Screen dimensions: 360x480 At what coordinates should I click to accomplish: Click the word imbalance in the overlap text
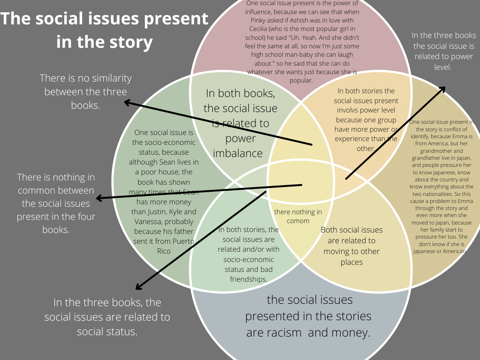[238, 153]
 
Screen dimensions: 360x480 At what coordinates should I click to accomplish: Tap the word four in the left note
[85, 217]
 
